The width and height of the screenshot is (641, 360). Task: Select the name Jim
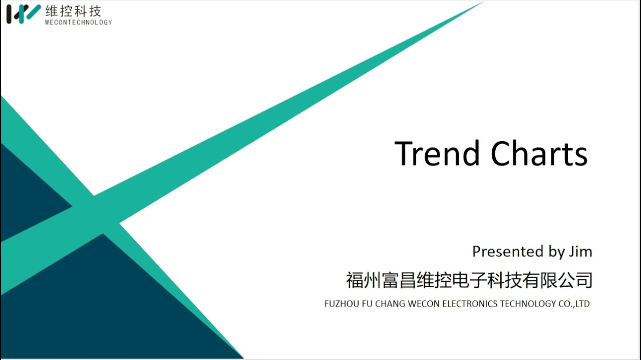[580, 251]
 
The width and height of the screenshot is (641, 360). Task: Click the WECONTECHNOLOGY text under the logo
[78, 22]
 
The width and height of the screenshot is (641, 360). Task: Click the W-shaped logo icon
[23, 13]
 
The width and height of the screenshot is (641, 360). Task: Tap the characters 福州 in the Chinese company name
[364, 280]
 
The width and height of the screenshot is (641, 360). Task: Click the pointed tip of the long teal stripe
[478, 4]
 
